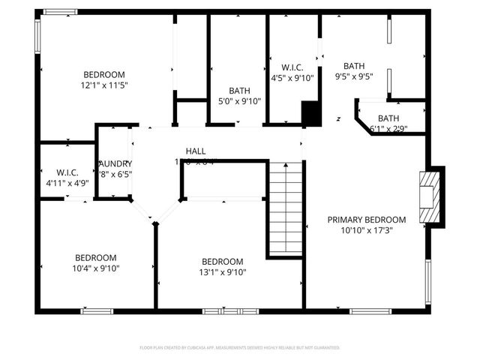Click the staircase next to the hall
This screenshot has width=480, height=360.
click(x=285, y=208)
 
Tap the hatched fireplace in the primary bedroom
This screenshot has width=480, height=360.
click(x=427, y=196)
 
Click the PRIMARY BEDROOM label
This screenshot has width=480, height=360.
click(x=366, y=220)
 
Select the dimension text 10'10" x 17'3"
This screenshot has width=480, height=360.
click(x=366, y=230)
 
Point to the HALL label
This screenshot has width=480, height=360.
click(x=196, y=151)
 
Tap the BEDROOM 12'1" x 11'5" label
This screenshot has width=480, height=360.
click(x=103, y=74)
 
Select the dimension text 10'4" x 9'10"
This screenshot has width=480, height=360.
click(x=95, y=268)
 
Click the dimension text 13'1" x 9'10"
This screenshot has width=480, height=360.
click(x=222, y=272)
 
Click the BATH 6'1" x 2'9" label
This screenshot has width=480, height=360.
click(x=388, y=118)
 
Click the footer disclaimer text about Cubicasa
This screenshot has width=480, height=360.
click(x=240, y=347)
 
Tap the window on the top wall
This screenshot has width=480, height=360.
click(x=59, y=12)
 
